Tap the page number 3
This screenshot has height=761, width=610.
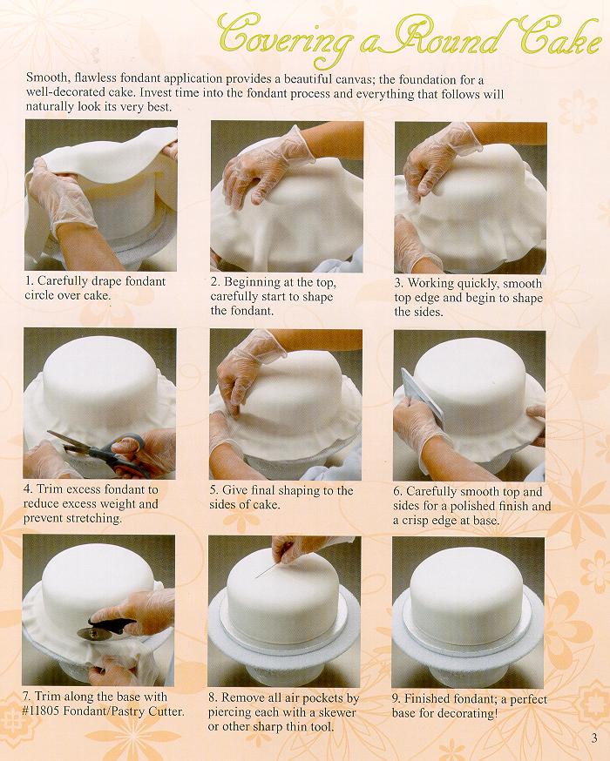click(594, 738)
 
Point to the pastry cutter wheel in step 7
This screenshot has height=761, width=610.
click(88, 633)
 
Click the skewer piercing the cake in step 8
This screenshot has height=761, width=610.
click(268, 569)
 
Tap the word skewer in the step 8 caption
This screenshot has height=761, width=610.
click(338, 712)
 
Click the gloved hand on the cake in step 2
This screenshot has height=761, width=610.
click(265, 165)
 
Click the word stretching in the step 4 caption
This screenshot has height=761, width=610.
click(94, 518)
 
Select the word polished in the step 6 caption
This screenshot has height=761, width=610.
click(471, 506)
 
